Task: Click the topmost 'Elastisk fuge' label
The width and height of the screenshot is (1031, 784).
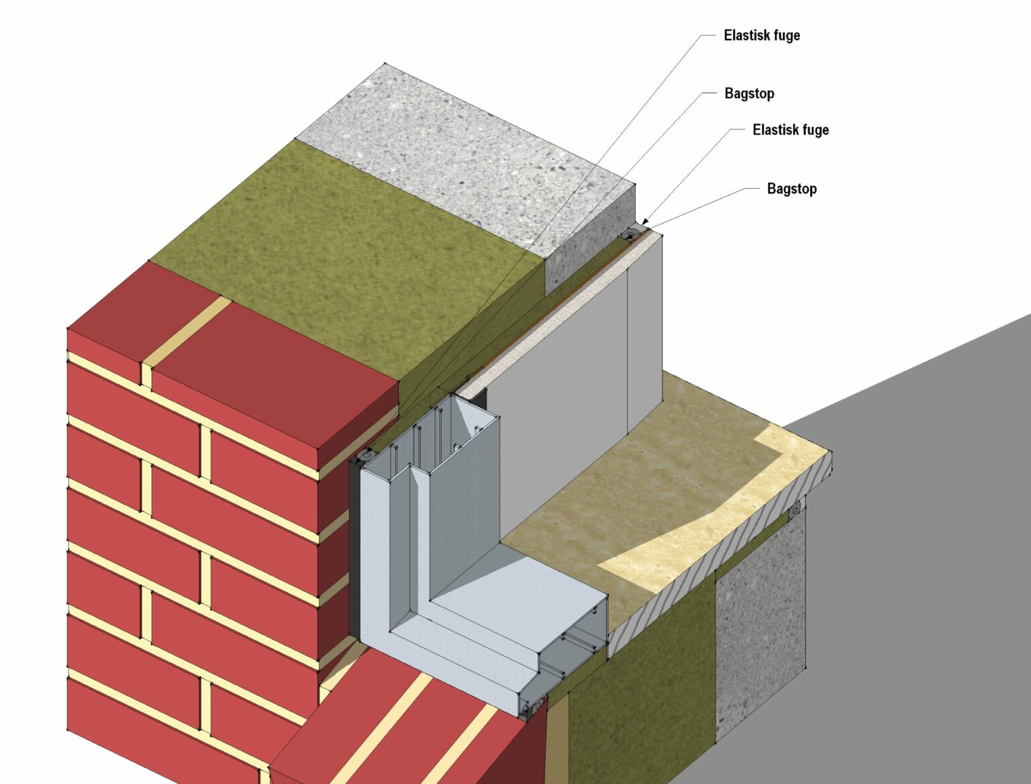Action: (761, 36)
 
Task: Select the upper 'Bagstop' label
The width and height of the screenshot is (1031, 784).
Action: (749, 94)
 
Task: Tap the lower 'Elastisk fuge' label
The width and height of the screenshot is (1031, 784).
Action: (790, 130)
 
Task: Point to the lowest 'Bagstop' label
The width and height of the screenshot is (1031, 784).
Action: (791, 189)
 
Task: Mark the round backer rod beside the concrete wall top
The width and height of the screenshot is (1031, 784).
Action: (632, 234)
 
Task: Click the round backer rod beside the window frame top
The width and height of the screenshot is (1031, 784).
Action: (367, 456)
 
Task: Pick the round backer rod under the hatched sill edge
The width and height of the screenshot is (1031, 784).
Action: (795, 510)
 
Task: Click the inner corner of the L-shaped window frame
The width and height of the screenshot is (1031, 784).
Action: (430, 597)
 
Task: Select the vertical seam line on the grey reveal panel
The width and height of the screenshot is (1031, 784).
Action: (628, 349)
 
